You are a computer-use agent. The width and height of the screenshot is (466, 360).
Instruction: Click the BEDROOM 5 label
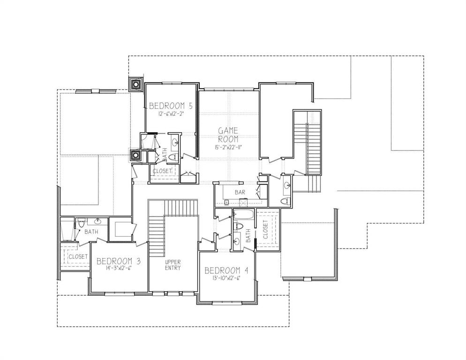click(x=171, y=105)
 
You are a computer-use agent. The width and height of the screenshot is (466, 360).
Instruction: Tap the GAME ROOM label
click(x=228, y=135)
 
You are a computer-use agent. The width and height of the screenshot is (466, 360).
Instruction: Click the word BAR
click(x=240, y=192)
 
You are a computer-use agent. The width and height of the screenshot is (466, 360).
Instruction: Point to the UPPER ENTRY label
click(x=173, y=265)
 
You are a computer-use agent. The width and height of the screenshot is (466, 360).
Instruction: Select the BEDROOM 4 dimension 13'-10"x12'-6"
click(x=226, y=278)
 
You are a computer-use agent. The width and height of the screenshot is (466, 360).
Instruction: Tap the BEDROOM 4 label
click(x=226, y=270)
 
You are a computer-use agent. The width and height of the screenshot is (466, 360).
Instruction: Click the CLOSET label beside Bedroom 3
click(x=78, y=257)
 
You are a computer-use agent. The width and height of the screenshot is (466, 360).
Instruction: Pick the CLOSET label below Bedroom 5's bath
click(x=162, y=171)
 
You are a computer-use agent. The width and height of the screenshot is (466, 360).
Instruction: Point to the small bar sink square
click(x=226, y=203)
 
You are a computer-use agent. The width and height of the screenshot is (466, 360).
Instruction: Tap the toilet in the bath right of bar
click(x=284, y=202)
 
